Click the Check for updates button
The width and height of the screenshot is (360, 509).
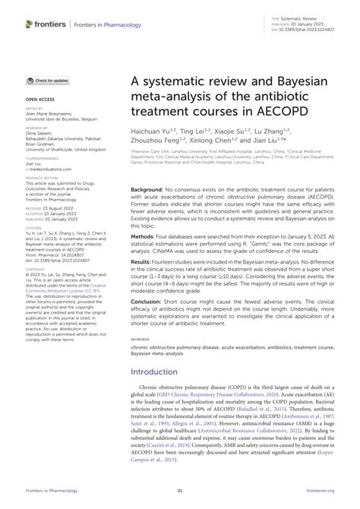(x=49, y=80)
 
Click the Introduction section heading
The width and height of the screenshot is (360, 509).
(x=162, y=394)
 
